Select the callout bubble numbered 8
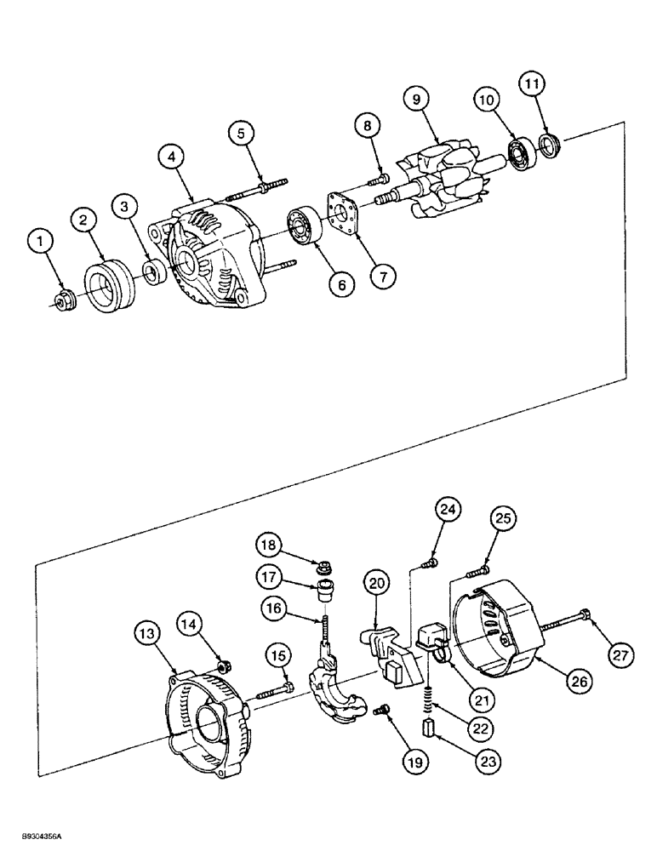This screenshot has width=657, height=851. [x=367, y=125]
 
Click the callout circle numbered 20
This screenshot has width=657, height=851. [x=379, y=583]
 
